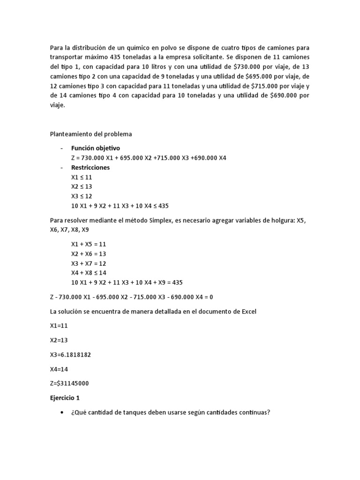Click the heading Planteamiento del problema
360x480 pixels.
coord(91,134)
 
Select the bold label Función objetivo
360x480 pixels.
coord(95,148)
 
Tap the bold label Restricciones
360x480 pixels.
coord(90,167)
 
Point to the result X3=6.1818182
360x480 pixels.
coord(70,355)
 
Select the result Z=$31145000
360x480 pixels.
coord(69,383)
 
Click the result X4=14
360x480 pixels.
coord(59,369)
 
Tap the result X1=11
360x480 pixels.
coord(59,326)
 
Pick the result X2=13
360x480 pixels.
coord(59,340)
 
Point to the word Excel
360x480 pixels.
coord(247,312)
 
